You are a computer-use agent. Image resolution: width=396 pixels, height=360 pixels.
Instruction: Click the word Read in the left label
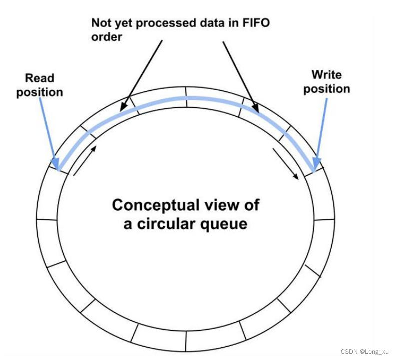40,78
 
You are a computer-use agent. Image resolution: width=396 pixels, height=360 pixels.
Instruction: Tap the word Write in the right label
326,75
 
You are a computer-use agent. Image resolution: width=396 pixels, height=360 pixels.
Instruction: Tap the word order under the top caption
106,37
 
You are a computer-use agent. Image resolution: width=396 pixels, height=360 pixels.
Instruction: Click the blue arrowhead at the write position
315,163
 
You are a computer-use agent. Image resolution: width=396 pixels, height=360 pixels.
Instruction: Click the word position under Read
40,92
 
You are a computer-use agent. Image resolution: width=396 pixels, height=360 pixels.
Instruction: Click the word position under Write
326,89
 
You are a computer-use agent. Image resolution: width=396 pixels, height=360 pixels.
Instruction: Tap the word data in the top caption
203,23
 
